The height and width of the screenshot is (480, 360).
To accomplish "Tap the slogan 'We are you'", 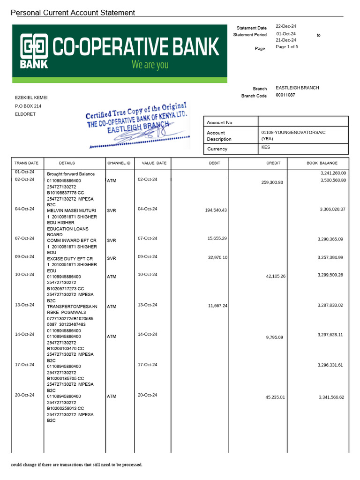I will pos(150,65).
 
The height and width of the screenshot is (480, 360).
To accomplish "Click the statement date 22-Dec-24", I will pos(285,27).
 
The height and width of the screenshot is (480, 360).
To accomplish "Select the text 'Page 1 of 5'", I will pos(287,47).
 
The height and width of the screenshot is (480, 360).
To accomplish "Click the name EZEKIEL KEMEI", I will pos(31,97).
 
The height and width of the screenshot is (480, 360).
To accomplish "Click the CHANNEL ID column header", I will pos(119,163).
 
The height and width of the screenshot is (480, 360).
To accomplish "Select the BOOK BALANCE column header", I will pos(322,163).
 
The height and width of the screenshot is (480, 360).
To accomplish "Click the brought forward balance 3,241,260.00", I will pos(333,173).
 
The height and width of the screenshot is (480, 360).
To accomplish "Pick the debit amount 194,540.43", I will pos(216,210).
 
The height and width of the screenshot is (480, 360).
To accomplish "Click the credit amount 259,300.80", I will pos(272,182).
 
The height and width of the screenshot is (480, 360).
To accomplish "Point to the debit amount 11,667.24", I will pos(217,306).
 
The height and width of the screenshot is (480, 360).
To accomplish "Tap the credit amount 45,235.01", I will pos(275,397).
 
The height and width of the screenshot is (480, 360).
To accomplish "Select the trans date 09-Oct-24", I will pos(24,257).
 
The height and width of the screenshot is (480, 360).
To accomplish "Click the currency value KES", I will pos(266,147).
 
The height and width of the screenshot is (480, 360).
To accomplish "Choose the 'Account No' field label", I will pos(219,123).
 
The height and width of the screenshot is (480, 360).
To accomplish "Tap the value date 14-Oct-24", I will pos(147,335).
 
